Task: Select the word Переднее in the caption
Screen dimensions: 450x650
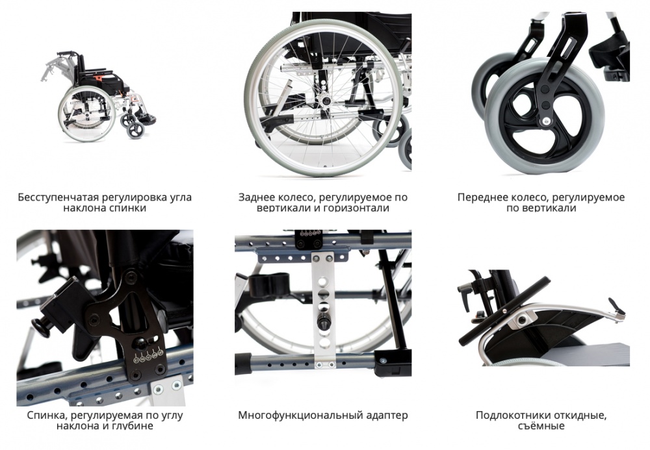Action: point(480,197)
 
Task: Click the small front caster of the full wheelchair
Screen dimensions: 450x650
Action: point(135,131)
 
